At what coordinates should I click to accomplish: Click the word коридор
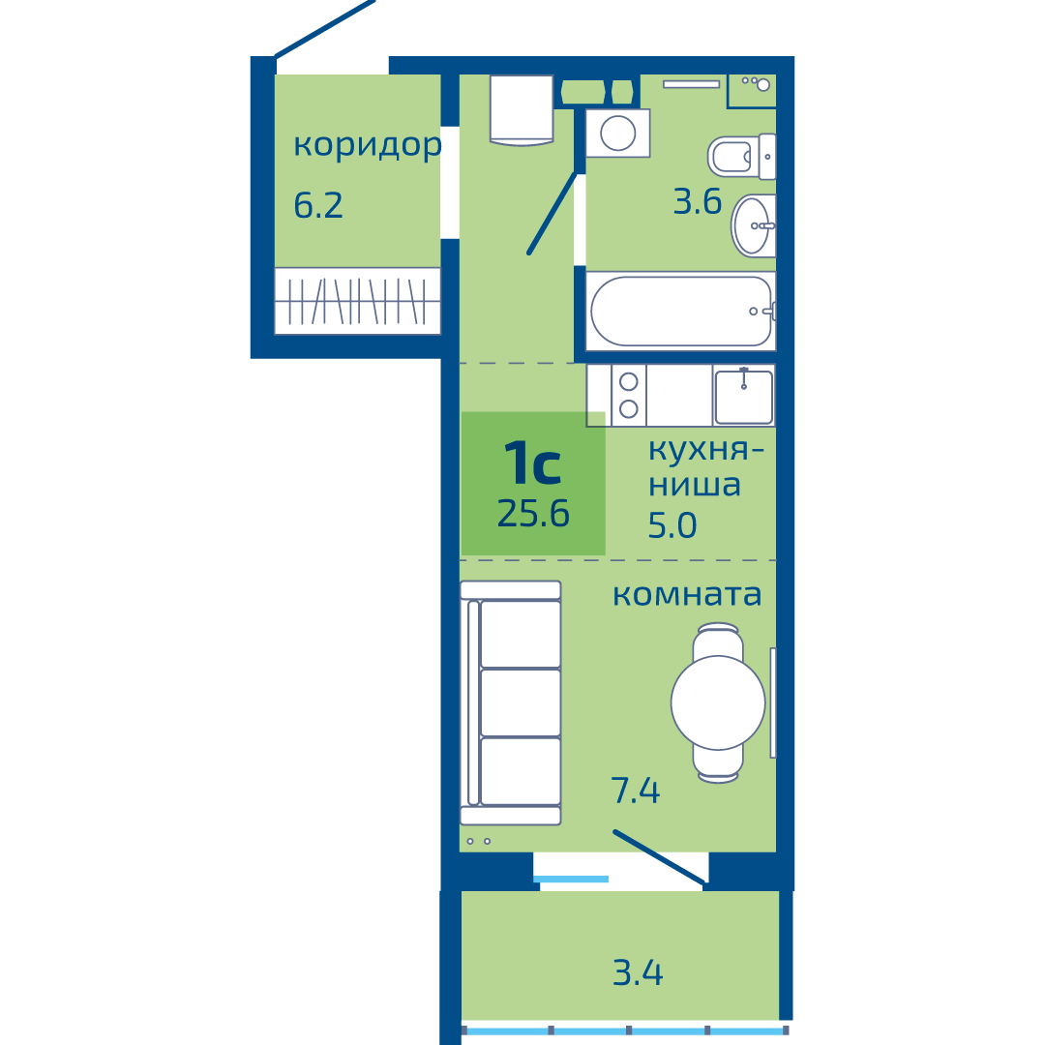[368, 145]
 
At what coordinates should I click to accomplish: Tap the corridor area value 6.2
[318, 205]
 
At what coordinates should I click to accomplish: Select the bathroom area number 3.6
[697, 201]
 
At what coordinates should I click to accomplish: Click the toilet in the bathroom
[741, 158]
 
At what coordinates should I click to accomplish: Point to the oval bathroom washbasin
[753, 225]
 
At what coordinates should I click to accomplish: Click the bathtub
[681, 312]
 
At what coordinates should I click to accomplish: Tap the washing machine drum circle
[617, 134]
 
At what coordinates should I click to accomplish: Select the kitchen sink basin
[744, 397]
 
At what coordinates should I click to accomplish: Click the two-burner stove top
[629, 395]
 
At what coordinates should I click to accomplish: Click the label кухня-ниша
[705, 468]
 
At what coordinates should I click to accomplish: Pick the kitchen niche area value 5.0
[672, 525]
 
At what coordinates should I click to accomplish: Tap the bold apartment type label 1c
[532, 463]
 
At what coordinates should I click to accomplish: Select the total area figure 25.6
[533, 514]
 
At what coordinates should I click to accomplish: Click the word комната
[686, 594]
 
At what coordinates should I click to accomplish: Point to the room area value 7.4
[635, 791]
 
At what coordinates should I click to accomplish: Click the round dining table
[718, 702]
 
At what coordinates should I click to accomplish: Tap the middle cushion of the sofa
[521, 702]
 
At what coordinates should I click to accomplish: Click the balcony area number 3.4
[638, 973]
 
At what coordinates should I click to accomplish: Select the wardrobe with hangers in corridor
[357, 301]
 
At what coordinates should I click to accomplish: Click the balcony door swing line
[659, 857]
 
